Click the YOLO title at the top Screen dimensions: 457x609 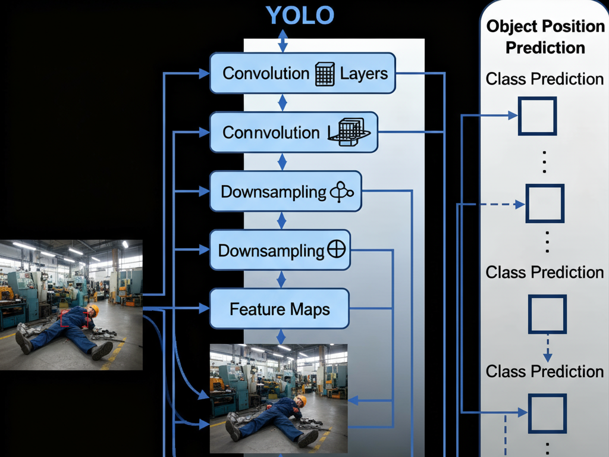coord(300,15)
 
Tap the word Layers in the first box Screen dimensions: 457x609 coord(364,74)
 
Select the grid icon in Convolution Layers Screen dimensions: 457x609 coord(324,74)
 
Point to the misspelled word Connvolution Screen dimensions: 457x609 coord(271,132)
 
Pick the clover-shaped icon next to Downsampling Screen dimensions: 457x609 coord(341,192)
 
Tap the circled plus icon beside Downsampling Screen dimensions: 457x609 coord(337,250)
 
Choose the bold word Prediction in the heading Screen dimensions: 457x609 coord(545,47)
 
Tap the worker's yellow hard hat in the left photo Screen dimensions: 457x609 coord(93,309)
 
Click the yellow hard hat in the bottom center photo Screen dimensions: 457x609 coord(302,400)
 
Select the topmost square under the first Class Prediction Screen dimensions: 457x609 coord(537,116)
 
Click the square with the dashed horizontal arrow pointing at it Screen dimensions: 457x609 coord(545,204)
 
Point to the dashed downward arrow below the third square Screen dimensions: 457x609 coord(548,349)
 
